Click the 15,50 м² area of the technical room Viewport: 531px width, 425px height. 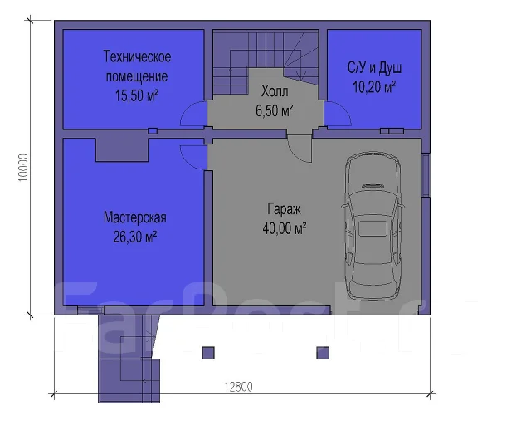coord(137,96)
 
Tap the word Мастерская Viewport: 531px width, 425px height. coord(134,217)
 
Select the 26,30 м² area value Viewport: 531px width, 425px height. coord(134,237)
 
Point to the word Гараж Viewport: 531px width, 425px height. coord(284,209)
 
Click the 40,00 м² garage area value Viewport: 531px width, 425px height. coord(285,228)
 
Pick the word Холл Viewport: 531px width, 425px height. coord(275,91)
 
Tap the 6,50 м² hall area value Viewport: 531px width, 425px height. coord(275,111)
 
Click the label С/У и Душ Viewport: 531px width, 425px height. coord(374,68)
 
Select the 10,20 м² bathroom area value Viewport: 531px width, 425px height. coord(374,87)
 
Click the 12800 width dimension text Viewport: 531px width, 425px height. coord(239,387)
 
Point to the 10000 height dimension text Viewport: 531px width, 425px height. coord(23,168)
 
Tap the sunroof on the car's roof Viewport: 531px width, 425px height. coord(373,228)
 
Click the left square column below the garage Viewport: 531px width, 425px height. coord(208,353)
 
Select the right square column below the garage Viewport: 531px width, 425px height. coord(323,353)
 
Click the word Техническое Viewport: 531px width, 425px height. coord(137,56)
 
